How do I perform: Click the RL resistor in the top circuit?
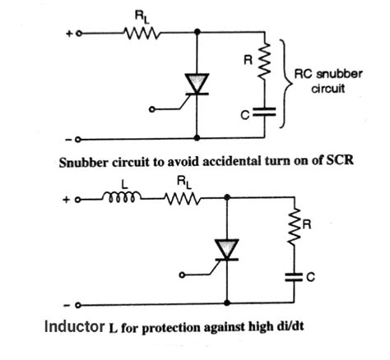[139, 34]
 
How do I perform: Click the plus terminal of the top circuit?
[80, 35]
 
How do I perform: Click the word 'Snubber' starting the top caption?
[86, 161]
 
